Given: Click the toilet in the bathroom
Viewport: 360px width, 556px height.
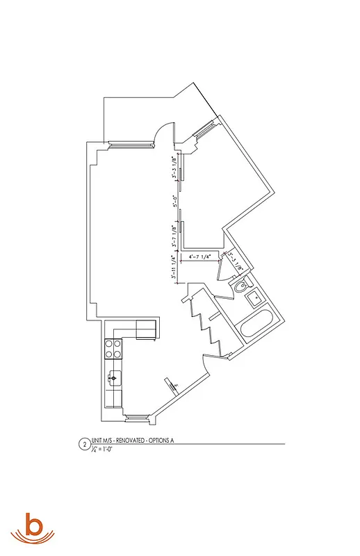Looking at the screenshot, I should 241,286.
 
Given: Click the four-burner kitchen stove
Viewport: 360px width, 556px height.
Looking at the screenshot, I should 112,348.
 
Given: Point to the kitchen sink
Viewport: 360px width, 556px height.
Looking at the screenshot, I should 113,379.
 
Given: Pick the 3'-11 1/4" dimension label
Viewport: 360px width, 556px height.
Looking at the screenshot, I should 173,268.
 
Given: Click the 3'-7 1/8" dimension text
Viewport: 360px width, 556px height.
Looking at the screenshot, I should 174,236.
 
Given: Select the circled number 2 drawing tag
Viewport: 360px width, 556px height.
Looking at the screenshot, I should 85,443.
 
